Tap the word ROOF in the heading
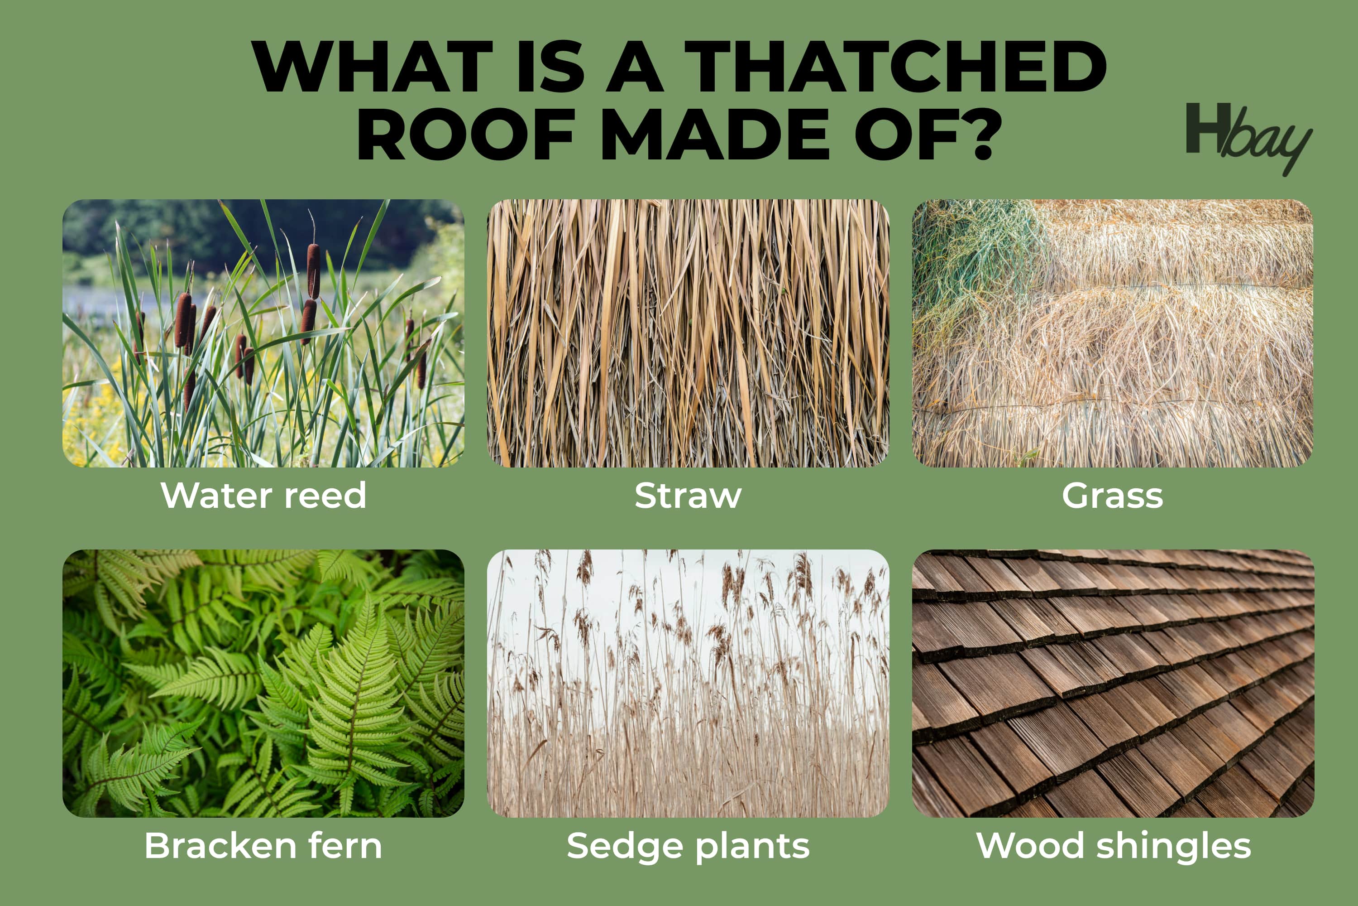(465, 134)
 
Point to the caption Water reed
(263, 495)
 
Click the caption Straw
(688, 495)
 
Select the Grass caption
(1113, 495)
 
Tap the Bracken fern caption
(263, 845)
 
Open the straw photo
(688, 333)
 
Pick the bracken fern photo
(263, 683)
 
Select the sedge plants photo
(688, 683)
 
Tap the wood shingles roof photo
(1113, 683)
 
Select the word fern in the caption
(345, 845)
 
